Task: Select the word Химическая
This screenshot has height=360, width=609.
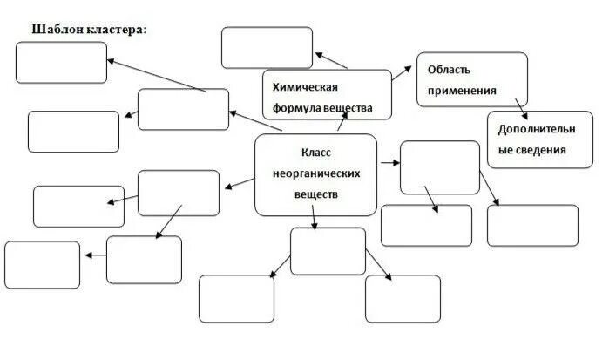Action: (305, 88)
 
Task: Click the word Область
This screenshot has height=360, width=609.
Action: (450, 69)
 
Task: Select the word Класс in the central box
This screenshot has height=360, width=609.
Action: (316, 151)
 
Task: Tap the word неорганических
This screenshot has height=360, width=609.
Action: (316, 173)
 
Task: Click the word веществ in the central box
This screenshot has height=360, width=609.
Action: (316, 194)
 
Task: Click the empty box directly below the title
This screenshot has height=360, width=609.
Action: (61, 62)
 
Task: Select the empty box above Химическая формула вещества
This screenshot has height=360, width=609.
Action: (267, 47)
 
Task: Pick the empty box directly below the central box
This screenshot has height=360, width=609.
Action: (328, 250)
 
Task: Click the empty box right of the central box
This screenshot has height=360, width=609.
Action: (439, 167)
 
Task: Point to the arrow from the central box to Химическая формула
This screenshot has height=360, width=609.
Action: (341, 125)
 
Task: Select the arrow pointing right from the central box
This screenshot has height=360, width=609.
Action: (389, 162)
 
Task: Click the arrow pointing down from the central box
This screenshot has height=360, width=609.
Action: (315, 221)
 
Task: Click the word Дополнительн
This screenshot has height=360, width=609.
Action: (537, 129)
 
